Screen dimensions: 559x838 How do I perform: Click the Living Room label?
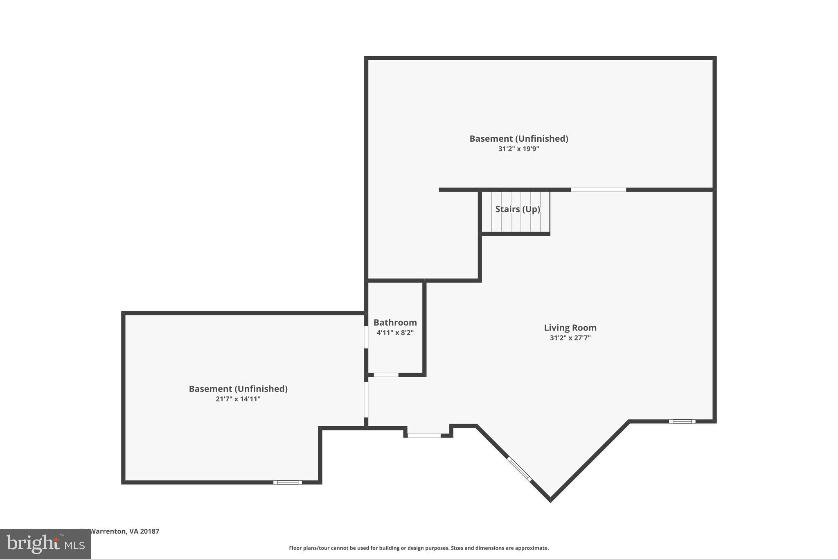pos(570,328)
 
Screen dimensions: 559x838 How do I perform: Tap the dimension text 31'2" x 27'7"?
pos(570,338)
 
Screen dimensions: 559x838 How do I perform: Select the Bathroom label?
pos(395,323)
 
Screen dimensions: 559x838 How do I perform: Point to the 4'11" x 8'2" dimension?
pos(395,333)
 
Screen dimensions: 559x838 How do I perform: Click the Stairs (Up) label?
pos(518,209)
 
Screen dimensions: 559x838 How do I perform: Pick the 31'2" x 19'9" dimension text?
pos(518,149)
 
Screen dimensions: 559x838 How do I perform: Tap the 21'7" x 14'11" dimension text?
pos(238,399)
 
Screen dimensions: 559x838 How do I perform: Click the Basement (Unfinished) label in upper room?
pos(518,139)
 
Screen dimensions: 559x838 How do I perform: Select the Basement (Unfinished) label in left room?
pos(238,389)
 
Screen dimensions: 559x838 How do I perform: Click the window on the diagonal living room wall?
pos(519,469)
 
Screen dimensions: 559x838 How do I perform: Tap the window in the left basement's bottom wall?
pos(288,482)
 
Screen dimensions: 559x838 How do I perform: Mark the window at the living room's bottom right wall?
pos(682,421)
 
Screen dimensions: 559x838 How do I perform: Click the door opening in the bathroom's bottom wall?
pos(386,375)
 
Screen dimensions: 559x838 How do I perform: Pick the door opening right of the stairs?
pos(598,190)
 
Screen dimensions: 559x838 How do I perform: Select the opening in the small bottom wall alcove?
pos(424,436)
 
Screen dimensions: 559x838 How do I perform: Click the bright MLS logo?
pos(45,544)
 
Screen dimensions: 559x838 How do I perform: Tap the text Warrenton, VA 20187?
pos(124,531)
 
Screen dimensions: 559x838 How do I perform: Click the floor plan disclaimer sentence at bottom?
pos(419,548)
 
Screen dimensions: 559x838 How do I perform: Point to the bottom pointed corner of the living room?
pos(550,500)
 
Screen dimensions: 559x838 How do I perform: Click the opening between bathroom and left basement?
pos(366,337)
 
